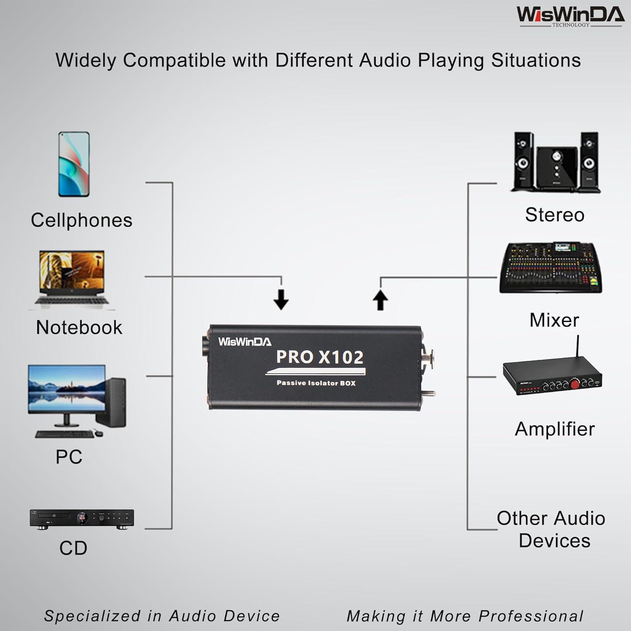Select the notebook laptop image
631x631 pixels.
coord(72,278)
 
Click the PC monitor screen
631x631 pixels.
coord(66,388)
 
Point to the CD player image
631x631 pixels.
coord(82,519)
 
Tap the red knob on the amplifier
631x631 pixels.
coord(574,383)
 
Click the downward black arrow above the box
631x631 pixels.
coord(281,299)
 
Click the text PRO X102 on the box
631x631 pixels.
coord(320,357)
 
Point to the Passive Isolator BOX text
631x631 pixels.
coord(316,383)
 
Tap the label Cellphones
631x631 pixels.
coord(82,220)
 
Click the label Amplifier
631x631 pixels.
coord(555,429)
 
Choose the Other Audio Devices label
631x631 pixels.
coord(551,529)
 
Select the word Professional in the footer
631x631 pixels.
coord(531,616)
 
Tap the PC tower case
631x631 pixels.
coord(112,402)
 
